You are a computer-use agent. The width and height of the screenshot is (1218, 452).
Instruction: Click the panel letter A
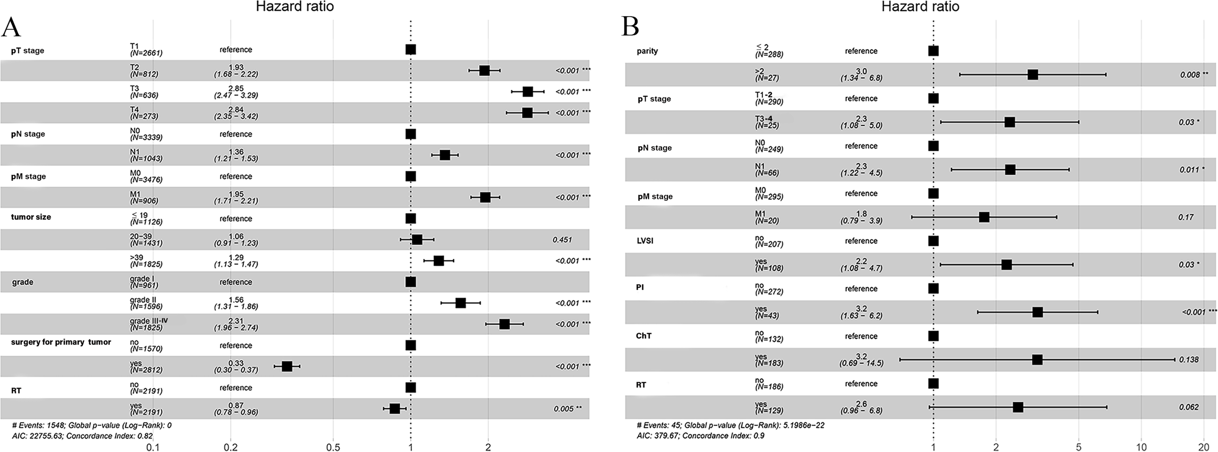(x=12, y=27)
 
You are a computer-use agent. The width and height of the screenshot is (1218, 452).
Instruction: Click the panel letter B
(x=630, y=27)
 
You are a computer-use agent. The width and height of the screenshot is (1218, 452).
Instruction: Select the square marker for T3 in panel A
(x=528, y=92)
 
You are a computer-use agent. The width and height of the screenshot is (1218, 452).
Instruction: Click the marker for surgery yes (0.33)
(x=287, y=366)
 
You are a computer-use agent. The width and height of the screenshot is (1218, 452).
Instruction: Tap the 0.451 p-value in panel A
(x=562, y=240)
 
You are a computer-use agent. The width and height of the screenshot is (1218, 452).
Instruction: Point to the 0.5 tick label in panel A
(x=333, y=447)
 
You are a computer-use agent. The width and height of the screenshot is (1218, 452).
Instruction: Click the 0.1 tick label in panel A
(x=153, y=447)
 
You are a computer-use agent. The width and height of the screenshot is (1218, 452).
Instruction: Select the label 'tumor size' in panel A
(x=31, y=217)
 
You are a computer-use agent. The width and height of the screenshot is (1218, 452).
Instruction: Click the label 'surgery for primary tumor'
(x=61, y=342)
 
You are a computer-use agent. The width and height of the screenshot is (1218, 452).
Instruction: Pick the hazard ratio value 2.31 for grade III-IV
(x=236, y=321)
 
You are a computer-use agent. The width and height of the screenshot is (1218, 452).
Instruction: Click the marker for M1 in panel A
(x=485, y=197)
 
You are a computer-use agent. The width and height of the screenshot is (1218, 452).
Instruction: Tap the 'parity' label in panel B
(x=647, y=51)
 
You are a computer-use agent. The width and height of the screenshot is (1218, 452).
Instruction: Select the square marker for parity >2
(x=1032, y=75)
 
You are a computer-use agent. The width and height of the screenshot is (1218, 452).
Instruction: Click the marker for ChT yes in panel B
(x=1037, y=360)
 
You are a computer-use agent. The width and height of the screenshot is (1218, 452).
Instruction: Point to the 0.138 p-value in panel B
(x=1189, y=360)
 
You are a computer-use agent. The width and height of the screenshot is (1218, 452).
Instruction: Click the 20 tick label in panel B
(x=1203, y=447)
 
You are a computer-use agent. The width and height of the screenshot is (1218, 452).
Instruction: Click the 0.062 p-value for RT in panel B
(x=1189, y=407)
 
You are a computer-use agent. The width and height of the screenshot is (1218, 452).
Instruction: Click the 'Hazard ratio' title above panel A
(x=295, y=6)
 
